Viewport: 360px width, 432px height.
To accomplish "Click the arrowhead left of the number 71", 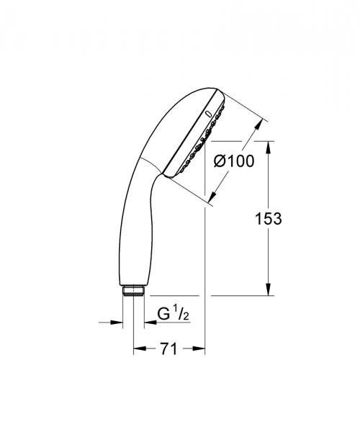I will (x=138, y=350).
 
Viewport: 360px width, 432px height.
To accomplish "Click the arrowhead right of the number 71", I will (x=201, y=350).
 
